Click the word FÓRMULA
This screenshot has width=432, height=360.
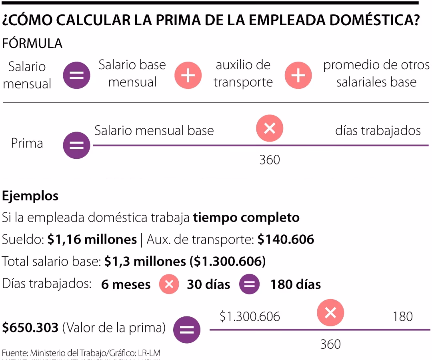32,43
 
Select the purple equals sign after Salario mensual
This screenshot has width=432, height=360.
76,75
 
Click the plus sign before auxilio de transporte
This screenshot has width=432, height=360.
188,75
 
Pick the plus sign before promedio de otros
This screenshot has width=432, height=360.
298,75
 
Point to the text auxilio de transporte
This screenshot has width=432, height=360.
243,74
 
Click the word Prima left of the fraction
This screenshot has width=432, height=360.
27,143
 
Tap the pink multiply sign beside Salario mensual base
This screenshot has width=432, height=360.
270,128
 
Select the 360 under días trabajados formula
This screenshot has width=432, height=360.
270,160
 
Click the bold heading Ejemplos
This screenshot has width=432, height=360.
30,196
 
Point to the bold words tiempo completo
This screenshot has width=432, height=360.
246,218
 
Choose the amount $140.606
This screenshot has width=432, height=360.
286,239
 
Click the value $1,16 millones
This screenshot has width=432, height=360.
92,239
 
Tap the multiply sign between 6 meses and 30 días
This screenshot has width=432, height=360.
169,284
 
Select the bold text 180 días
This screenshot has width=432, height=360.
295,284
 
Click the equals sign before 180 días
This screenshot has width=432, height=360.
249,284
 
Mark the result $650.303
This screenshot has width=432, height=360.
30,328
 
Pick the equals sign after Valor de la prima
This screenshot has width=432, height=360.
186,330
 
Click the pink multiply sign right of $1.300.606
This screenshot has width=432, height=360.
330,313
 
